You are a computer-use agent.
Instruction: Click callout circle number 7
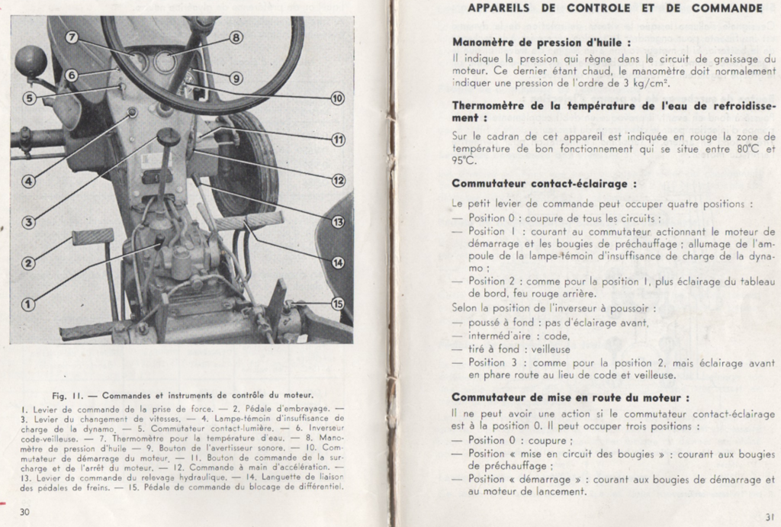coord(72,37)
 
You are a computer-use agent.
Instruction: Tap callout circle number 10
coord(337,98)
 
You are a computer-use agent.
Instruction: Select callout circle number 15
coord(338,303)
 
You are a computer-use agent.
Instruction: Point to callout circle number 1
coord(27,304)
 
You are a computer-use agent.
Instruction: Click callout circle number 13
coord(338,222)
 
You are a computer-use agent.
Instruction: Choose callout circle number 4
coord(27,182)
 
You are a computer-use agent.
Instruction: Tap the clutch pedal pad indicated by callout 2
coord(92,236)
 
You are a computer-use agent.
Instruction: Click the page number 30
coord(24,511)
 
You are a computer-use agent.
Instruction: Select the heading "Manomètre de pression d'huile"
coord(542,43)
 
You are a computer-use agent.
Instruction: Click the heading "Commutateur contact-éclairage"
coord(544,184)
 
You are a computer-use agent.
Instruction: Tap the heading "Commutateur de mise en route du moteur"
coord(570,397)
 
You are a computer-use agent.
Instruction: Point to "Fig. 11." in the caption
coord(67,395)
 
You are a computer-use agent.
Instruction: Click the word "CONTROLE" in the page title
coord(599,8)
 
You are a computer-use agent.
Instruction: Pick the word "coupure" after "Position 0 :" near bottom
coord(546,440)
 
